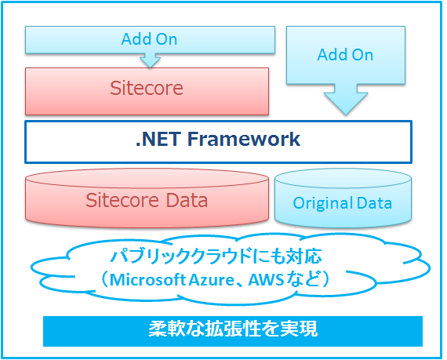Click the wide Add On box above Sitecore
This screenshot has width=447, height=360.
(150, 40)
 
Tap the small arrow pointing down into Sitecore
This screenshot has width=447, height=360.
(151, 60)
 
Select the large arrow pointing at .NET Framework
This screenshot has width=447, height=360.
(346, 100)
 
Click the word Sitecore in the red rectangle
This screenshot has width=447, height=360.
(147, 88)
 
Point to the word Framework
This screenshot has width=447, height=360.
(244, 139)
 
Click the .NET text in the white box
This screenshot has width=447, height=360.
(158, 139)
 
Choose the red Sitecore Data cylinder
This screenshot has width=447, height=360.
(147, 198)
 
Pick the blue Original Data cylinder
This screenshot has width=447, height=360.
(343, 198)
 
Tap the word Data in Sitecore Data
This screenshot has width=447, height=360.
(187, 200)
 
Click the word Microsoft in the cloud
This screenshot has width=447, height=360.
(147, 280)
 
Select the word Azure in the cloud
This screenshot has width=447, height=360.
(211, 280)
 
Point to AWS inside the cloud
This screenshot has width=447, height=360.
(266, 280)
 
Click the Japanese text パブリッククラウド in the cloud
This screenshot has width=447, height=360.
(182, 256)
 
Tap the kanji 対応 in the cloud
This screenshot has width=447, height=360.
(304, 256)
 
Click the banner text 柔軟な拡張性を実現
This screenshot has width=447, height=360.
(233, 329)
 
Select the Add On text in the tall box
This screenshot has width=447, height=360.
(345, 55)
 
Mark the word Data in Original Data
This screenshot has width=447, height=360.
(374, 203)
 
